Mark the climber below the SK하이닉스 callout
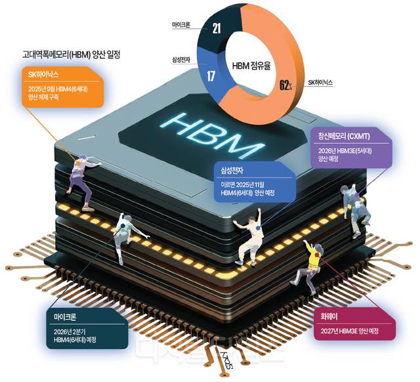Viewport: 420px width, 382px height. point(79,177)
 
